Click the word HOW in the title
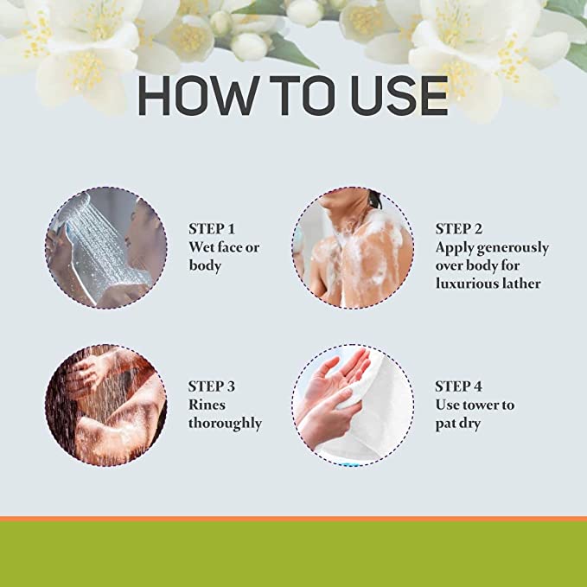point(199,95)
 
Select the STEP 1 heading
point(212,229)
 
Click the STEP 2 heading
point(458,229)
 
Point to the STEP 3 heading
point(212,386)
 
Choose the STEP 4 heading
point(458,386)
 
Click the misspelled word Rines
point(207,405)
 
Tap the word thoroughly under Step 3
point(225,424)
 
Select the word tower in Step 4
point(480,405)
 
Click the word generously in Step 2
point(513,248)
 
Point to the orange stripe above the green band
point(294,519)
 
